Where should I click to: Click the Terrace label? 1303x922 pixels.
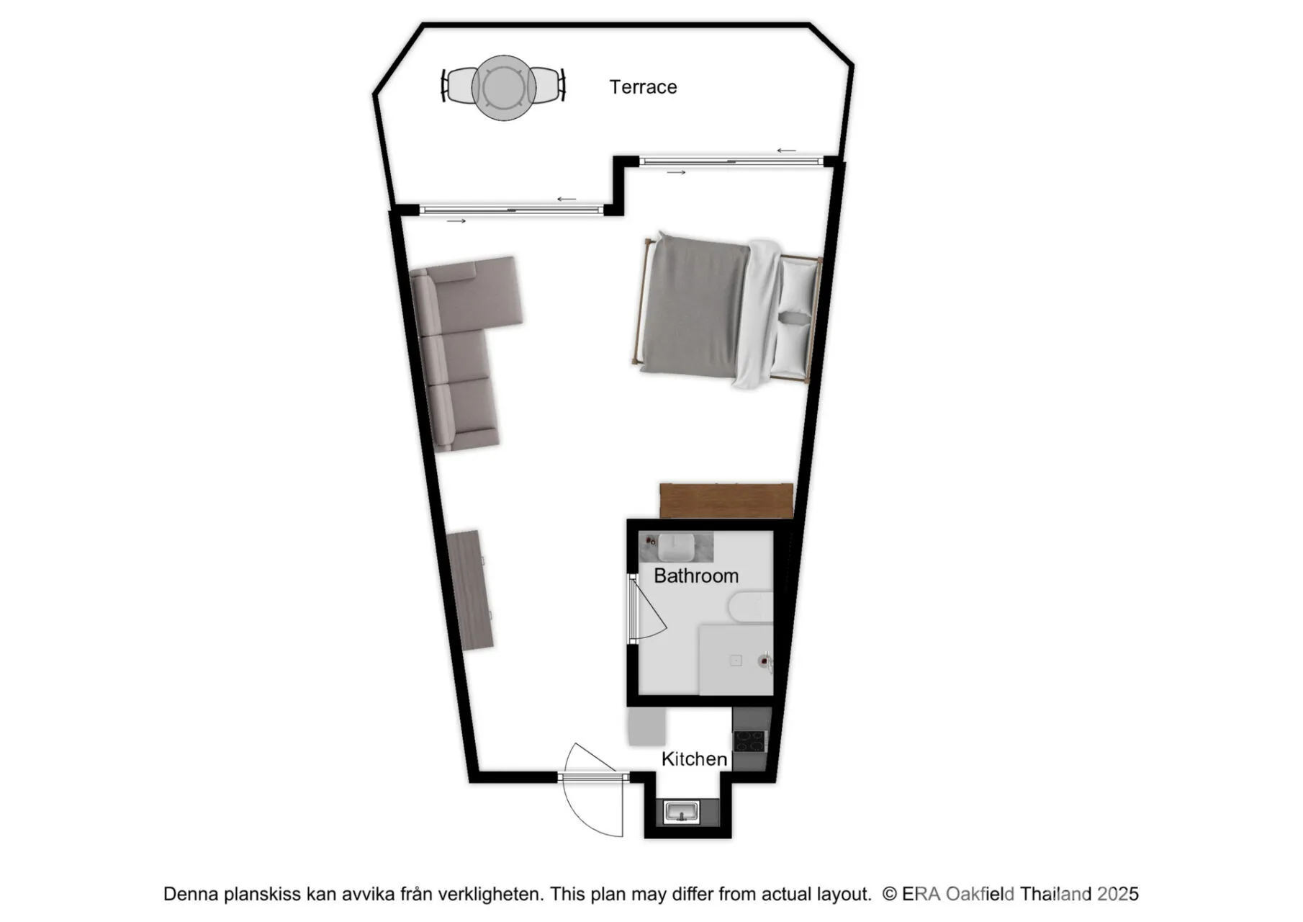point(643,87)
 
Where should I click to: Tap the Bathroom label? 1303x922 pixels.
point(696,576)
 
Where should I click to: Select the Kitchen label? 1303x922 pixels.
point(694,759)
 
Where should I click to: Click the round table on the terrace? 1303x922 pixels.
point(504,88)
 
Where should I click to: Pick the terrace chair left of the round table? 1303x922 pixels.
point(456,86)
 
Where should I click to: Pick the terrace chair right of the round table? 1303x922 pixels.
point(549,85)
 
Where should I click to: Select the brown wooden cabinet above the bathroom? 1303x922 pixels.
point(726,501)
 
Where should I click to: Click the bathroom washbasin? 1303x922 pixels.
point(676,547)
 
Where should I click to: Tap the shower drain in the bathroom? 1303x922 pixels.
point(736,661)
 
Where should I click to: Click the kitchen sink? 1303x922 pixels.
point(681,813)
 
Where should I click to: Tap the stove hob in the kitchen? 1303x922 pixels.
point(750,741)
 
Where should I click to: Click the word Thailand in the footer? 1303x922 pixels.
point(1056,894)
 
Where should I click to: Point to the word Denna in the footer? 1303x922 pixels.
point(191,894)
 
